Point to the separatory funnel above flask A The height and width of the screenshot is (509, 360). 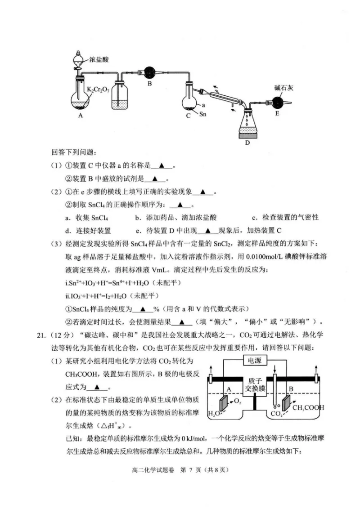pos(79,59)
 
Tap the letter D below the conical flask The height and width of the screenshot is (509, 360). pos(247,143)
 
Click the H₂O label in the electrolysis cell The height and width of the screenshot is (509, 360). pos(214,414)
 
